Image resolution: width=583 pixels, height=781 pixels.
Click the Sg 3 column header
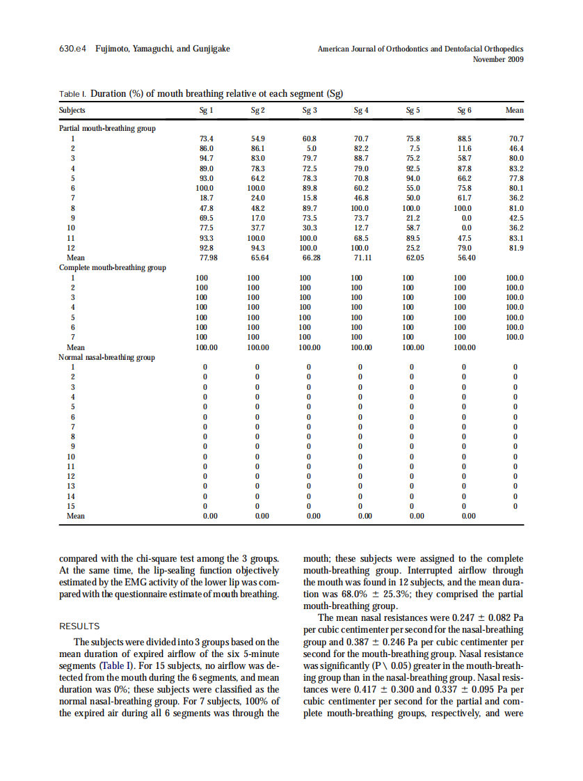310,110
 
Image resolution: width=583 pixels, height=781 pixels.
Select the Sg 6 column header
464,110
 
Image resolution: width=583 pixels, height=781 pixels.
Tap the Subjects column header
72,110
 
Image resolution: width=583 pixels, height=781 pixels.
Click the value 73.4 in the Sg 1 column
206,139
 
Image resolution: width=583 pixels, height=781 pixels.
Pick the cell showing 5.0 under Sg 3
311,148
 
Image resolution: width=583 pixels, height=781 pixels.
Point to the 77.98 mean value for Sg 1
206,257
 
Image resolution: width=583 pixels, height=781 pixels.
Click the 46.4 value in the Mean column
516,148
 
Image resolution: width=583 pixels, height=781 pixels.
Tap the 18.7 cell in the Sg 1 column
206,198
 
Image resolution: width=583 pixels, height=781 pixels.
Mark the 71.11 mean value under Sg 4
361,257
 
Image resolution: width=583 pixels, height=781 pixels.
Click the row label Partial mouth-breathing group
107,128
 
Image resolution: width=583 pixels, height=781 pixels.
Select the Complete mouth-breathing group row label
112,267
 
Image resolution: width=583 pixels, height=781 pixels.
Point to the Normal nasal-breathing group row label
106,357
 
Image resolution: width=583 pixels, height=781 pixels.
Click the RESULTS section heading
79,626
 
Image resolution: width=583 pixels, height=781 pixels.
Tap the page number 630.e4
73,49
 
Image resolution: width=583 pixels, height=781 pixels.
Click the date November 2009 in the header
498,59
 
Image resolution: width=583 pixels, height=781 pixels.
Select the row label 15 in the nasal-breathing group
70,506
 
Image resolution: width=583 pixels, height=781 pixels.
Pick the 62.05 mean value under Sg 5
413,257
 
